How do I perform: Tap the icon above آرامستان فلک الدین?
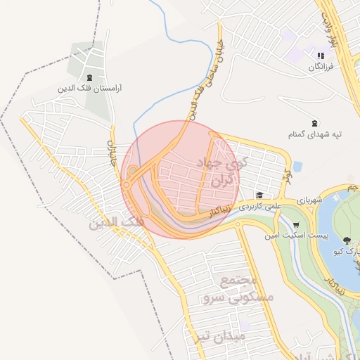pos(89,77)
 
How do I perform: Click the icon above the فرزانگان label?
pos(320,55)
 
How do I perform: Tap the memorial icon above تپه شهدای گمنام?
pos(314,123)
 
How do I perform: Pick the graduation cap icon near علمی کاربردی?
pos(259,195)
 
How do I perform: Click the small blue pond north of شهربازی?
pos(297,167)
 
